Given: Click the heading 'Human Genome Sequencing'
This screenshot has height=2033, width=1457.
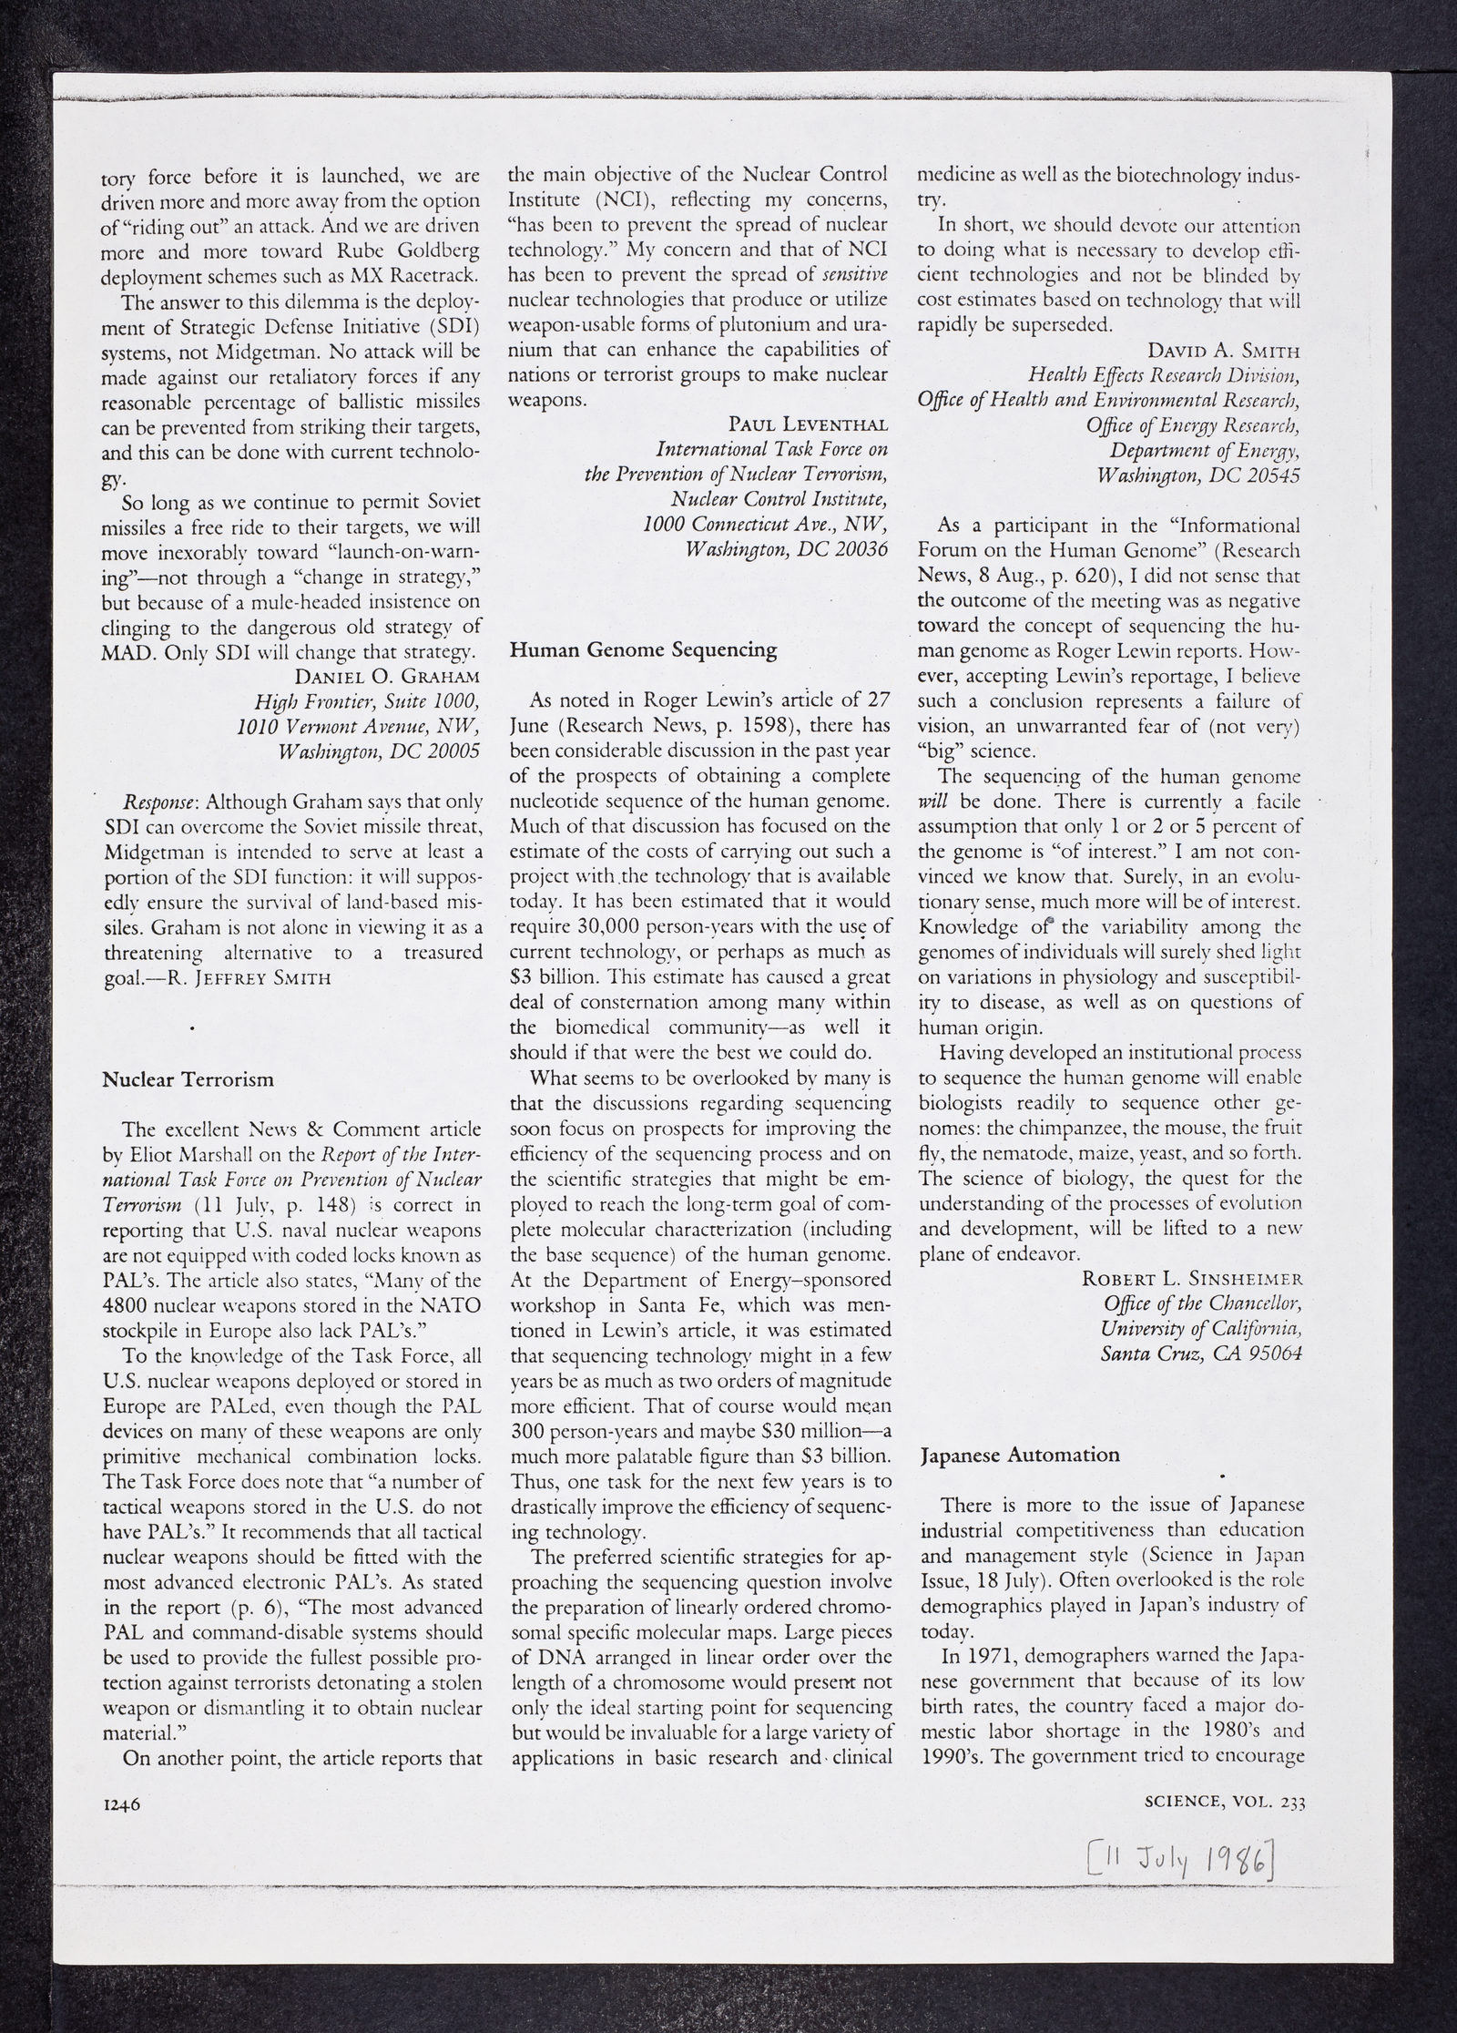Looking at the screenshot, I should point(643,650).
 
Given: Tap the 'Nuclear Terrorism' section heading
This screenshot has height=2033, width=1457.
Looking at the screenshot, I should point(188,1080).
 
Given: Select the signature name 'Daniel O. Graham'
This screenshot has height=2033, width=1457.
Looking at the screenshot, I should point(387,677).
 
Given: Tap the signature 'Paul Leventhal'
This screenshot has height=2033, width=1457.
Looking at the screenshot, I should point(809,424).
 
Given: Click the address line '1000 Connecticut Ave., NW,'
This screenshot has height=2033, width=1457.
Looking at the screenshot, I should point(765,526).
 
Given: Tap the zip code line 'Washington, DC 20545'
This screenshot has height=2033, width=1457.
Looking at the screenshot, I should point(1198,475).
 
